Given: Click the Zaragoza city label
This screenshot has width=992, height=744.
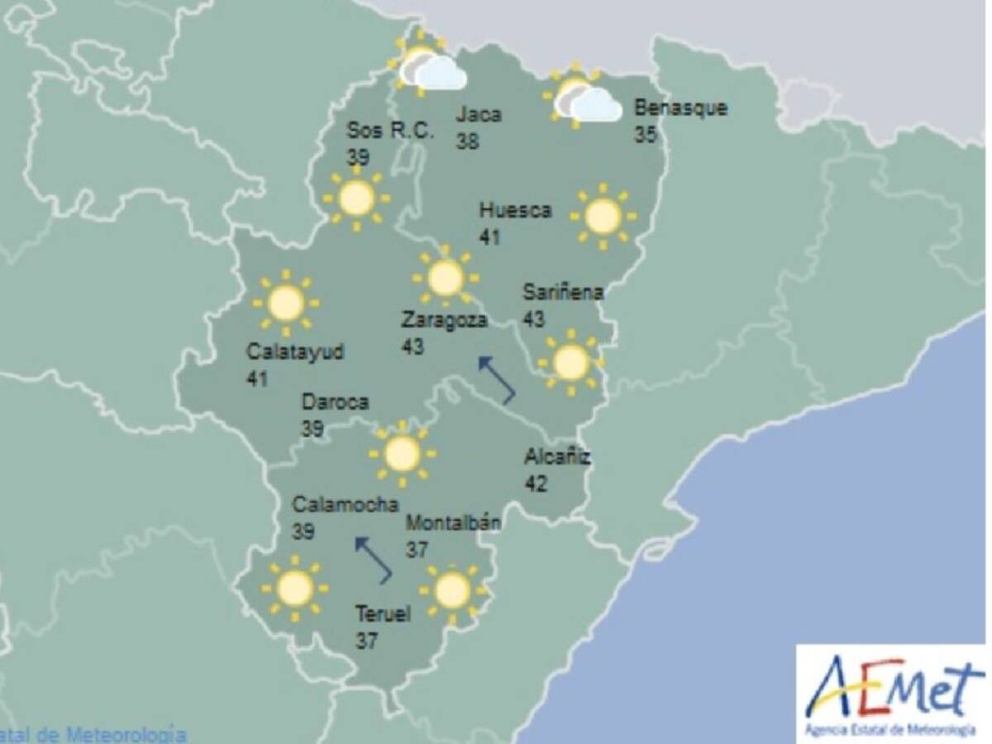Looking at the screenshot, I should click(x=444, y=320).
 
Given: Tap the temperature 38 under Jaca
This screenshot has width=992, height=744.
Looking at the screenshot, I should click(x=468, y=141).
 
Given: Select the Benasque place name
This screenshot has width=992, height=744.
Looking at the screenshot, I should click(x=680, y=108).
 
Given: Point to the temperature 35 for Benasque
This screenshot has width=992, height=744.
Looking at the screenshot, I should click(x=646, y=135).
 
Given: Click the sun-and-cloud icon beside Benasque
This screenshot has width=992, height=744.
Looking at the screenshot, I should click(x=584, y=98).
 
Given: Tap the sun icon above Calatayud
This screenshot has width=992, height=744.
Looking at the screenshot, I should click(x=286, y=303).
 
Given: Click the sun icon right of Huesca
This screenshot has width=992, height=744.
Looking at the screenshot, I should click(x=603, y=217).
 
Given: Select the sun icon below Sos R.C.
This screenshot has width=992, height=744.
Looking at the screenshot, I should click(x=356, y=198).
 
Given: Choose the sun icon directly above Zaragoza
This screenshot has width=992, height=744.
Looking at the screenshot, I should click(x=446, y=278).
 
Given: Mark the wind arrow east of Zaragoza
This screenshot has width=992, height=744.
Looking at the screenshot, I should click(x=497, y=379).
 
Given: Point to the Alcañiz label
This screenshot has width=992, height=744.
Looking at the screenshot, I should click(x=557, y=456).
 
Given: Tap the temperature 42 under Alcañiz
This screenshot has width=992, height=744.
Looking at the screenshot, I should click(x=536, y=484).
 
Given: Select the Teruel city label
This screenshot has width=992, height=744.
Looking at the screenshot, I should click(x=383, y=614).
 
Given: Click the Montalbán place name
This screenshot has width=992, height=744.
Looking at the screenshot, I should click(x=453, y=522).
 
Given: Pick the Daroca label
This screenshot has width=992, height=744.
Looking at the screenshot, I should click(x=335, y=403).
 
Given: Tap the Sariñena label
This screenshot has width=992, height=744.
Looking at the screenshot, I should click(x=563, y=292).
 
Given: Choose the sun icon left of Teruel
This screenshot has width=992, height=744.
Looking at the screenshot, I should click(x=294, y=589).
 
